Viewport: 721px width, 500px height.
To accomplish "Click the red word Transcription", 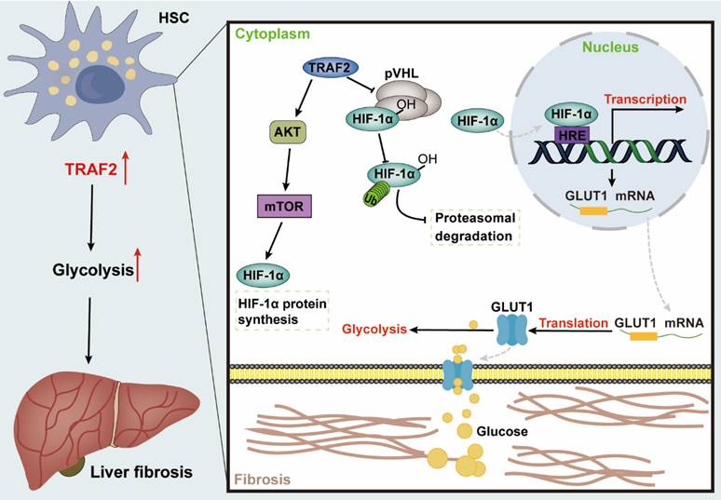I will click(646, 99).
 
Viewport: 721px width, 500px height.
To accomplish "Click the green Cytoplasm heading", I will click(268, 34).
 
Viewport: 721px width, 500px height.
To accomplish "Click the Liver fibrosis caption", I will click(143, 472).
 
